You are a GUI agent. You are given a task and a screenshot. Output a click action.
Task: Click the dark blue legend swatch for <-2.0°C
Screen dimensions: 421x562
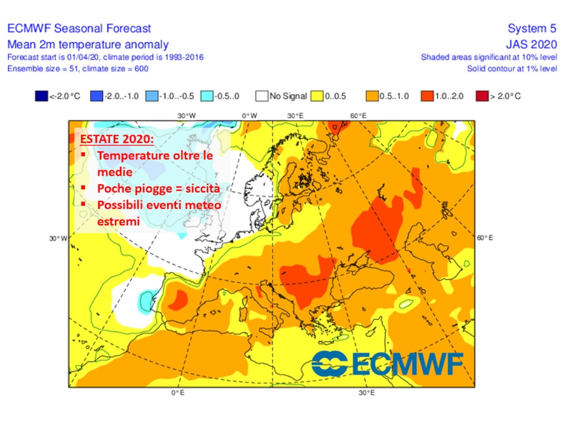40,96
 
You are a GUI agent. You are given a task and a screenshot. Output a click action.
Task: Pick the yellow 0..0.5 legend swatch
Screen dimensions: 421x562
316,96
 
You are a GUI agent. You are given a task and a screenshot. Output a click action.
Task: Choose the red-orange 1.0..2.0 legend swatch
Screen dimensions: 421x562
426,96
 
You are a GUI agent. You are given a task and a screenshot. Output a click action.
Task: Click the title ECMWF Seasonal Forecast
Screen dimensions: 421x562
79,29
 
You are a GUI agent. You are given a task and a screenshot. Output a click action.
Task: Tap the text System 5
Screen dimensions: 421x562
532,29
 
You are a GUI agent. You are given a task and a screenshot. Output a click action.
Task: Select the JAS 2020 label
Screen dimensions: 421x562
531,44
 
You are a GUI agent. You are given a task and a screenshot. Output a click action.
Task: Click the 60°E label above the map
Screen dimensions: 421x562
358,116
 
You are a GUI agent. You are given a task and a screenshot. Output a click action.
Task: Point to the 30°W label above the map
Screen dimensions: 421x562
186,116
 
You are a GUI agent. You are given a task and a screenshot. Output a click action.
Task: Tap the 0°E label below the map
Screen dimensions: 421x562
178,393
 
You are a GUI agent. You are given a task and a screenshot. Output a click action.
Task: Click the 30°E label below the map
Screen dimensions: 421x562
367,393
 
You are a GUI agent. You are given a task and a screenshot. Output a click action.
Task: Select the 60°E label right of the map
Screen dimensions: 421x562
485,238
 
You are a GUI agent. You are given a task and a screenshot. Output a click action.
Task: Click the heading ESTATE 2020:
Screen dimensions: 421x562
117,138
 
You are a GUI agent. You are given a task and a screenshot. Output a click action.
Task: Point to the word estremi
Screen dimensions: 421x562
118,221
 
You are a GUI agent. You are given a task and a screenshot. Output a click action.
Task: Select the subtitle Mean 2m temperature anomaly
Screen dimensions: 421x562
87,44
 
